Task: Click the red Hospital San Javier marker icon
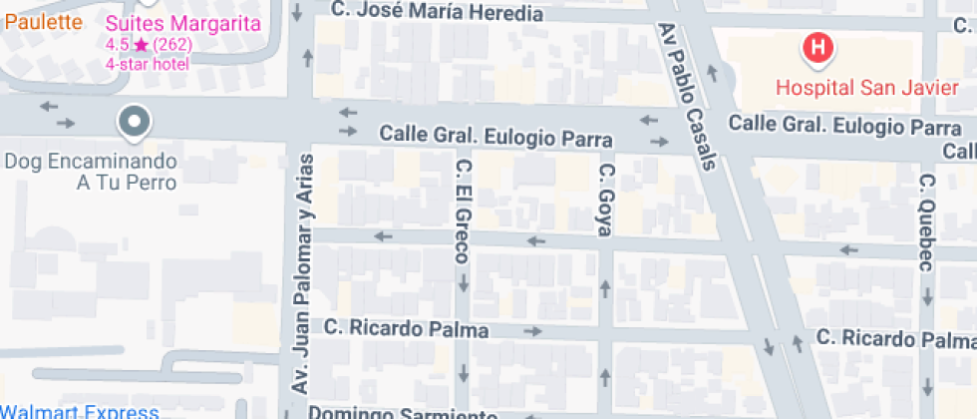[818, 47]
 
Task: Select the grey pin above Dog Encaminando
[134, 123]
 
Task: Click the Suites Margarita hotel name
[184, 24]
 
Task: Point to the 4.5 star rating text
[149, 45]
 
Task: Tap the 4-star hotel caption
[147, 63]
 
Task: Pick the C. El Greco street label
[462, 210]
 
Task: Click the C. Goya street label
[604, 201]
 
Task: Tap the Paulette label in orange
[42, 22]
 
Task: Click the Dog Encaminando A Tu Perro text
[92, 172]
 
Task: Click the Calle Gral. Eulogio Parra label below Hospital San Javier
[845, 127]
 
